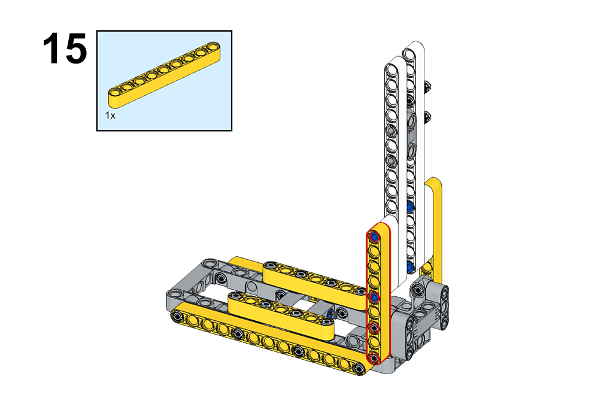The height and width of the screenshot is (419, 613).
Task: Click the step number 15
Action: coord(65,48)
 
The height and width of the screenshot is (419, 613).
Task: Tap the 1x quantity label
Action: coord(110,116)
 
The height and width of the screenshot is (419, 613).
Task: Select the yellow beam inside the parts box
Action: coord(164,74)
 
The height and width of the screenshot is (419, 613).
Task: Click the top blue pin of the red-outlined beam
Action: coord(374,236)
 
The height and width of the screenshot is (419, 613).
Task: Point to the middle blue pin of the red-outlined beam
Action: coord(374,297)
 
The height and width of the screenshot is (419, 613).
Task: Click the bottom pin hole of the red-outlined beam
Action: coord(374,357)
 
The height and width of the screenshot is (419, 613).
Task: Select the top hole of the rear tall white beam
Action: coord(409,55)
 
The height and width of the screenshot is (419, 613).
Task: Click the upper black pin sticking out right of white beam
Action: coord(428,86)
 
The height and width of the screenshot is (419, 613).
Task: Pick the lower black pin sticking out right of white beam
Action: coord(427,116)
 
